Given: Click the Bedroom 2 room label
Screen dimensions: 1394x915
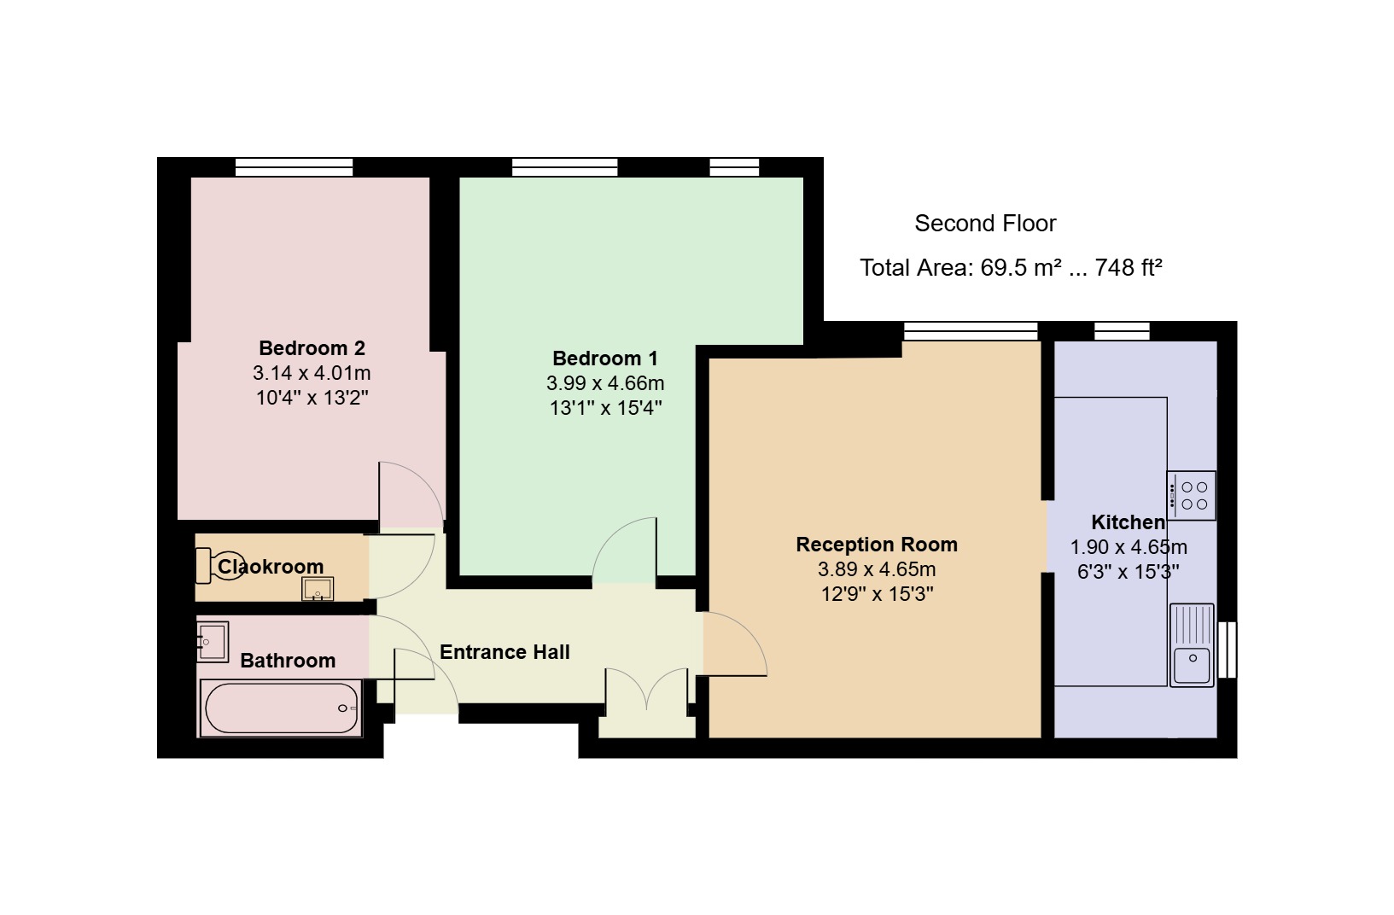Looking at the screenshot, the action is click(312, 347).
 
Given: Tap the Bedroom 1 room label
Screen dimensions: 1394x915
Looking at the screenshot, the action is click(605, 358).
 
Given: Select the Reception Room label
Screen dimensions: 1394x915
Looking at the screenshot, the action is click(877, 545).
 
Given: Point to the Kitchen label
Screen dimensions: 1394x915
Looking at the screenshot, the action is click(1128, 522).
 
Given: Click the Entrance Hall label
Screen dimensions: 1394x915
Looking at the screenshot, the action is click(505, 652).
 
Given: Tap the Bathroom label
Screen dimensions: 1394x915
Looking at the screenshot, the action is click(288, 661).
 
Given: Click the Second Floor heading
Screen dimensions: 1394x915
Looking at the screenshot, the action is click(985, 224).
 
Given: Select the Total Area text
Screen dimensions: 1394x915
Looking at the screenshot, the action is click(1012, 268).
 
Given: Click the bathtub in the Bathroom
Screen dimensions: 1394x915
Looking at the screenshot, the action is click(280, 708).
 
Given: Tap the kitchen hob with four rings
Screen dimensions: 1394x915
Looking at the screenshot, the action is click(1191, 495).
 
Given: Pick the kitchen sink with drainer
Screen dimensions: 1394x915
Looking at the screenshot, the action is click(1192, 645).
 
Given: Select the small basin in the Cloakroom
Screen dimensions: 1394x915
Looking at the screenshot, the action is click(318, 589).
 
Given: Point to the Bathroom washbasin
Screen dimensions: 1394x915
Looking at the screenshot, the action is click(213, 642).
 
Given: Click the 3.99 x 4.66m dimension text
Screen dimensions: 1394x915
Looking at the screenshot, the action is click(605, 382).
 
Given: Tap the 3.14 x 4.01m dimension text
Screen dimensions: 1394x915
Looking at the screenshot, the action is click(312, 373).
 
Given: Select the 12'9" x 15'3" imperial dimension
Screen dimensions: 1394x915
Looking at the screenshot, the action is click(877, 594).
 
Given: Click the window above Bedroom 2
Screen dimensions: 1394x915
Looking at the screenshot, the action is click(294, 167).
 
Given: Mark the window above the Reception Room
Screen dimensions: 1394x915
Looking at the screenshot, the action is click(971, 331).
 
